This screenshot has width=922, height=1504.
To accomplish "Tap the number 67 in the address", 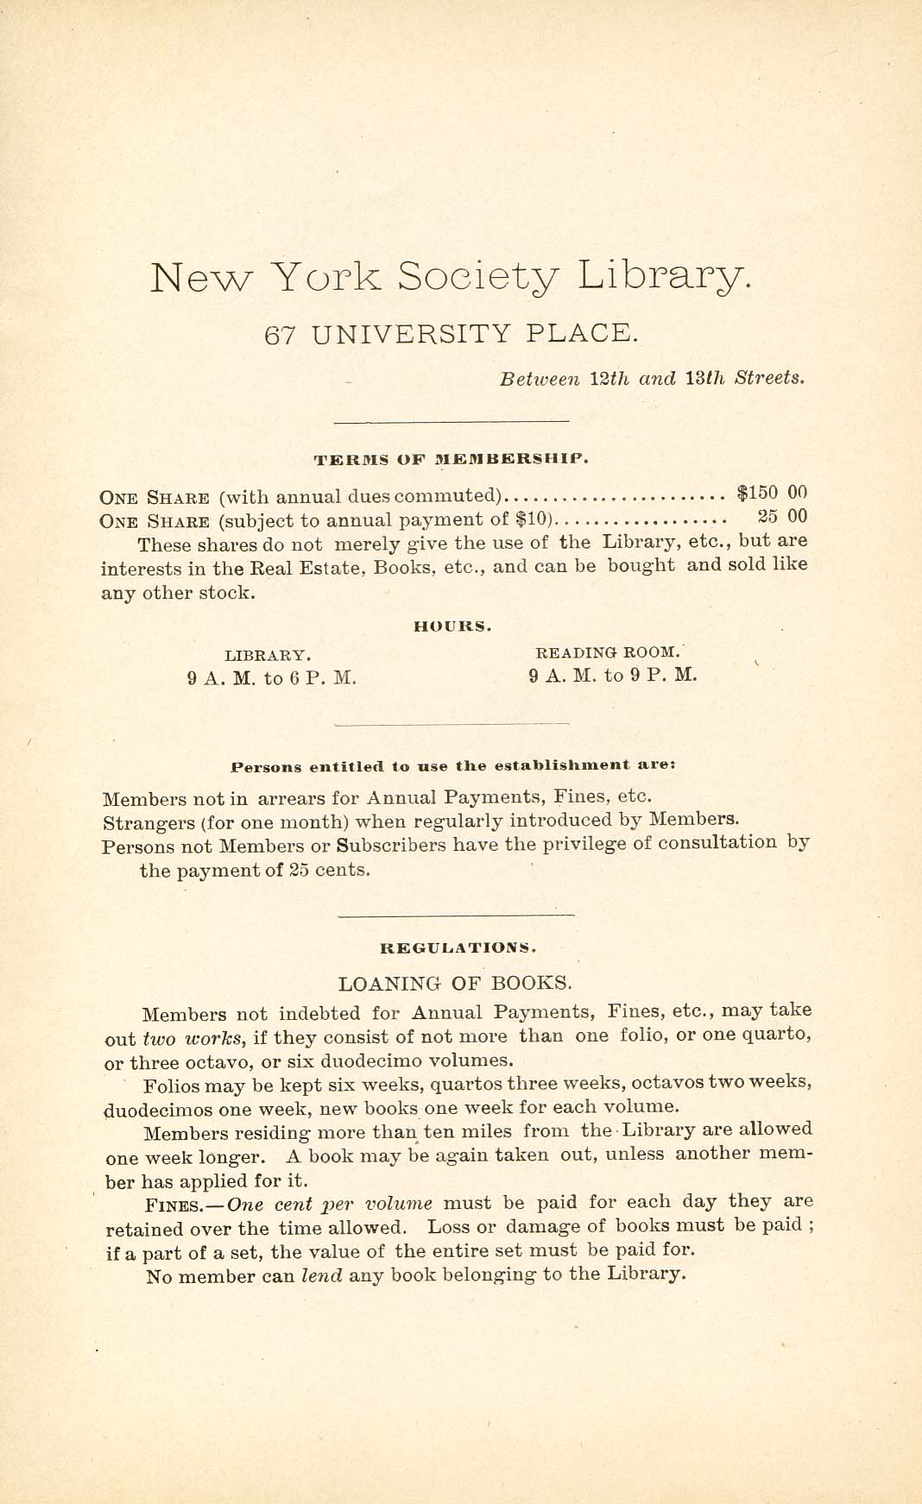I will pos(281,334).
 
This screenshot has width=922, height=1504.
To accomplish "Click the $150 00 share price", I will pos(771,494).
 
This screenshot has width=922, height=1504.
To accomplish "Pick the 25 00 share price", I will pos(782,517).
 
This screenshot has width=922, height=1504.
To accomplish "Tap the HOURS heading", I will pos(452,627).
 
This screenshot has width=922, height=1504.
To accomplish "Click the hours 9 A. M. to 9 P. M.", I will pos(612,676).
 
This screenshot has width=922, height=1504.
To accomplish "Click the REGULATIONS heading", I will pos(458,947).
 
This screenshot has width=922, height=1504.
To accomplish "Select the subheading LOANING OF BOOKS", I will pos(455,983).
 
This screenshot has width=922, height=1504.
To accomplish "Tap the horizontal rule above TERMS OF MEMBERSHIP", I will pos(452,421).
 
